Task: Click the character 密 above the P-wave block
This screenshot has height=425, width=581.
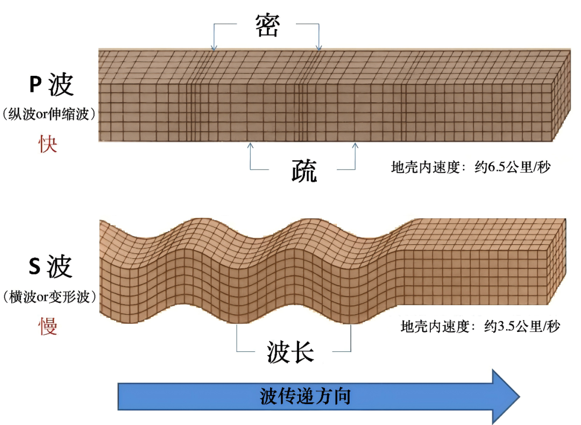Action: (267, 25)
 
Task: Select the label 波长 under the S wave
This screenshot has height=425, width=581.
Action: (290, 352)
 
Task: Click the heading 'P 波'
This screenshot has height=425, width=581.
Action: (51, 84)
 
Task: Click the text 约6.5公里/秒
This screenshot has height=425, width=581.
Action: (513, 167)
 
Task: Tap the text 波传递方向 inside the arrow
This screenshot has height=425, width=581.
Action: (305, 396)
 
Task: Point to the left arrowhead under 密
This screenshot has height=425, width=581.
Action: (214, 48)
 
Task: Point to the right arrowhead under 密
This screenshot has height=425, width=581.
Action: (319, 48)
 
